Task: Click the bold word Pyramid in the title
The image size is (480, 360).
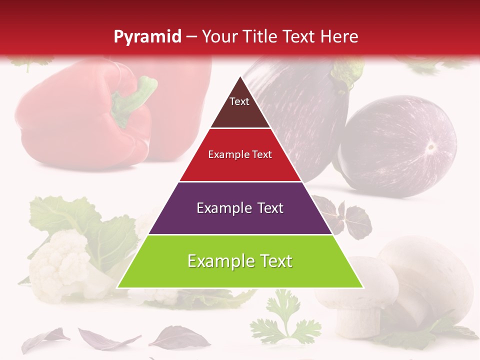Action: tap(147, 37)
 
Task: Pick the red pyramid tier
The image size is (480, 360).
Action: tap(240, 167)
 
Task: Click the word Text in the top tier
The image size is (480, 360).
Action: tap(239, 101)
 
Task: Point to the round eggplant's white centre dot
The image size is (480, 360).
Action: tap(430, 147)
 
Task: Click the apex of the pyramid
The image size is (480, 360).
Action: tap(240, 77)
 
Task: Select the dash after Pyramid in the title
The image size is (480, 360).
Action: tap(191, 37)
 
